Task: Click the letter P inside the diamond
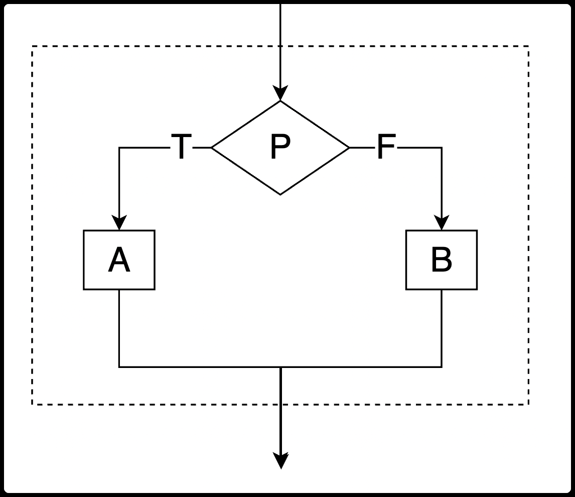(280, 147)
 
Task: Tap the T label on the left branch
(182, 147)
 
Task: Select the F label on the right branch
(386, 147)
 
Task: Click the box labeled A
(119, 260)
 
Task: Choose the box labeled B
(442, 260)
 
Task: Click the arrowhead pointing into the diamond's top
(280, 94)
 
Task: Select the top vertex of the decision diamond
(280, 101)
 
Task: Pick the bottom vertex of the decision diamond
(280, 194)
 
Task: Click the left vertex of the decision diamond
(212, 148)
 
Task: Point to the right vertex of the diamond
(349, 148)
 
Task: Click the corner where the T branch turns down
(119, 148)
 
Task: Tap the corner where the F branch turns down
(442, 148)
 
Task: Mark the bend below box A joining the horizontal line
(119, 367)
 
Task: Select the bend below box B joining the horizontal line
(442, 367)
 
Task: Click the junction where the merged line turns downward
(280, 367)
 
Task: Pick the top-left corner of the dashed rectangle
(33, 47)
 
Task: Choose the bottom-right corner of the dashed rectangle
(528, 404)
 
